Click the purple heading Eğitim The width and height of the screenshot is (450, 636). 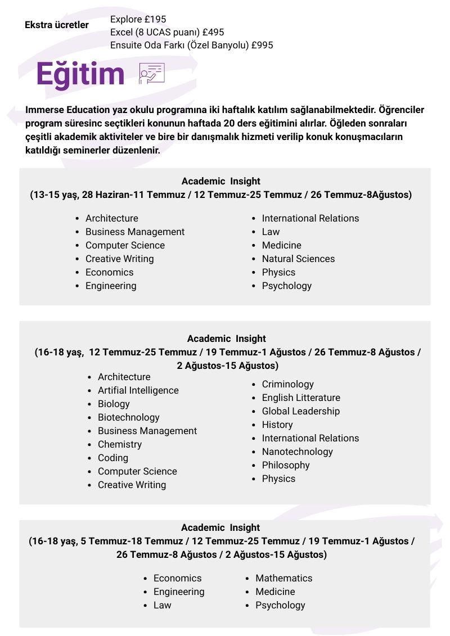(80, 74)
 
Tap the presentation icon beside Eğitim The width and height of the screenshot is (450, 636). (151, 74)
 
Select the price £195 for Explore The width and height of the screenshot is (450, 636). (155, 19)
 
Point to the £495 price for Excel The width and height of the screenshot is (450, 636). (213, 32)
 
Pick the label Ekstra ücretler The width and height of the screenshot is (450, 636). (57, 25)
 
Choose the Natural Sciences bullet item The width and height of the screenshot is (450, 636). (298, 259)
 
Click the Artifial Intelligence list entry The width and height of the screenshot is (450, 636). (138, 390)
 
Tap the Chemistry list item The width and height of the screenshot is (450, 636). (120, 444)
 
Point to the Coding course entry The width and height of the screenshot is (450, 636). (113, 458)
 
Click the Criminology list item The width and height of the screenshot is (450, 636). (288, 384)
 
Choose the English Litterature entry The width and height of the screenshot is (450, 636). (301, 398)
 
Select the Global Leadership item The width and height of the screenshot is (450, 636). (301, 411)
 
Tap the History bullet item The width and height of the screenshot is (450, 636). (277, 425)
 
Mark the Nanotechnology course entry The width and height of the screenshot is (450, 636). (298, 452)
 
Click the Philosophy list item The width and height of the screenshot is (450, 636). (286, 465)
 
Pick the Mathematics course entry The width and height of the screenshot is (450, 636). (284, 578)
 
